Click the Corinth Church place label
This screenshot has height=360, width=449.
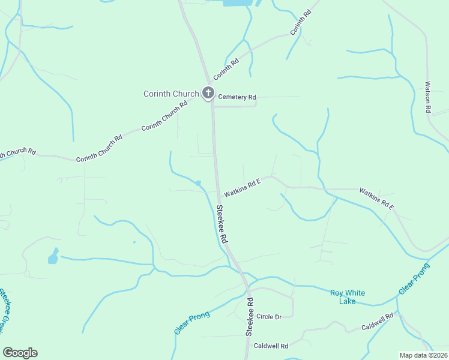[x=171, y=94]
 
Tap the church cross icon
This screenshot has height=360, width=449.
[x=208, y=92]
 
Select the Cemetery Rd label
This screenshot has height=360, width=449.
[x=237, y=97]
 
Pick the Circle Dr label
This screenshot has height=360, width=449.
[x=269, y=316]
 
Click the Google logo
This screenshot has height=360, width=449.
[x=20, y=353]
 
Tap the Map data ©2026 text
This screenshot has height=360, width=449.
[x=423, y=355]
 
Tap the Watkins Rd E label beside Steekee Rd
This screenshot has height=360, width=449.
[x=243, y=188]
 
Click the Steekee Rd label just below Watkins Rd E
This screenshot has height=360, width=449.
[x=222, y=224]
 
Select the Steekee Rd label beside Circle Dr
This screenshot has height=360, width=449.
[x=250, y=316]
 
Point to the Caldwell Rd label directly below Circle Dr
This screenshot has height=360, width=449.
[x=271, y=346]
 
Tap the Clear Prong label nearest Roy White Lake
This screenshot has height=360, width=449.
[x=414, y=279]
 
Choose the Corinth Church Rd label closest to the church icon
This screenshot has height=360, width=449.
[x=164, y=118]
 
